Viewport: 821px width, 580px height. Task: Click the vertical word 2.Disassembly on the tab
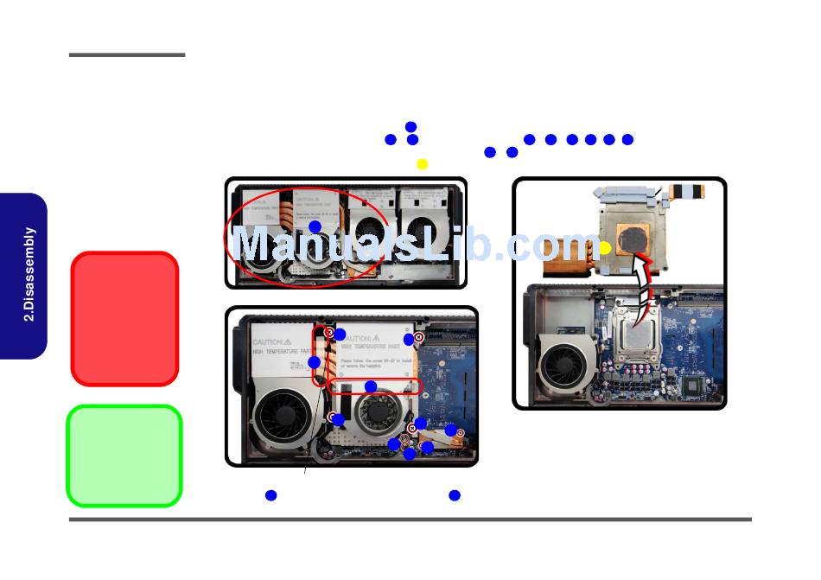tap(29, 274)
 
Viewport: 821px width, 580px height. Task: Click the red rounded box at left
tap(124, 318)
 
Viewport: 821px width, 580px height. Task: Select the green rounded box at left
tap(124, 456)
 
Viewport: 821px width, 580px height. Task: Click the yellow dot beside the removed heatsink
tap(606, 248)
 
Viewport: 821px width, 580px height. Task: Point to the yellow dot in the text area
tap(423, 164)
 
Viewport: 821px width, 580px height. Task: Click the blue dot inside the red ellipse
tap(315, 226)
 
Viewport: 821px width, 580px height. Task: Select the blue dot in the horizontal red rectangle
tap(371, 386)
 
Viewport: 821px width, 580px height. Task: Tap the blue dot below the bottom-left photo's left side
tap(270, 495)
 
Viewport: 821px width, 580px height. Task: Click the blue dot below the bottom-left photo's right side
tap(455, 495)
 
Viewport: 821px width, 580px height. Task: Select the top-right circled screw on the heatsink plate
tap(418, 336)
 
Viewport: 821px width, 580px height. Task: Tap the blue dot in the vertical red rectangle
tap(315, 362)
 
